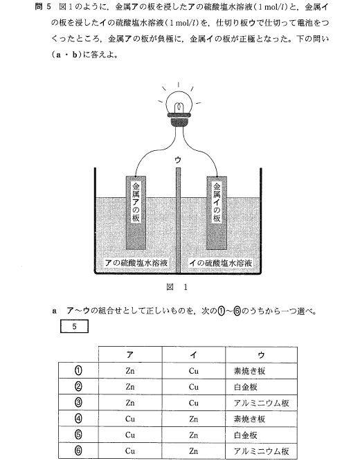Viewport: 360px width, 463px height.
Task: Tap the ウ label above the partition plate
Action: click(178, 160)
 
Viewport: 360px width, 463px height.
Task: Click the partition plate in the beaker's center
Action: click(178, 220)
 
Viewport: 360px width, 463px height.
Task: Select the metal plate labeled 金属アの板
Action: click(136, 213)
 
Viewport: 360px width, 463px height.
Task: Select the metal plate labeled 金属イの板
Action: click(217, 213)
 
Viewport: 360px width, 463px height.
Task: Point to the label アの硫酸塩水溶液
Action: click(136, 262)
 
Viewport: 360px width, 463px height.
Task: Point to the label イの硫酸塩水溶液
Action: click(221, 262)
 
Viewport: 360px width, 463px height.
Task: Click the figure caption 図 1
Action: click(177, 287)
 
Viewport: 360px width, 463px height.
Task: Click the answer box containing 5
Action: click(74, 327)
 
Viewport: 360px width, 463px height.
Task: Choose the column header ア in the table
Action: click(130, 354)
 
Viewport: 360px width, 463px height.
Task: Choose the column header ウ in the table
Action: click(261, 354)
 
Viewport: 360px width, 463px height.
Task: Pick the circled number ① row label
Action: click(78, 370)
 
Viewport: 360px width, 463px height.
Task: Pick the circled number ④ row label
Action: click(78, 419)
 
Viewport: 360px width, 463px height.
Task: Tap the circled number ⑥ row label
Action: click(78, 451)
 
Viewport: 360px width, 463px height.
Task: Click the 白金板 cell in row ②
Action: click(245, 387)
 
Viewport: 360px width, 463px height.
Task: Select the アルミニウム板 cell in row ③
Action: click(261, 403)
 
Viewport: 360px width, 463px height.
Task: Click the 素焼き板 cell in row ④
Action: click(249, 419)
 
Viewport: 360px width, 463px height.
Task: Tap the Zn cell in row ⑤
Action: click(193, 435)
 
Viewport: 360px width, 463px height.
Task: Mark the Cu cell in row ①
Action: click(193, 370)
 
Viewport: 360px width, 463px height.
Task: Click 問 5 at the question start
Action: click(43, 6)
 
